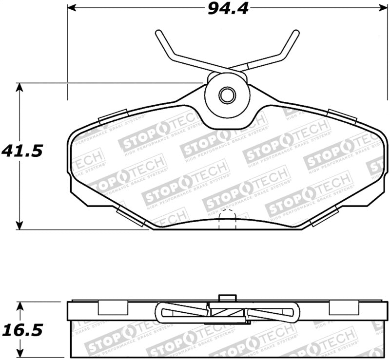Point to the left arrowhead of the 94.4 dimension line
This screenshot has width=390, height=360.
click(71, 8)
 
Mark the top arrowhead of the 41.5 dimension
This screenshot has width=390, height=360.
click(19, 87)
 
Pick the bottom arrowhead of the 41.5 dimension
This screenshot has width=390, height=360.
click(19, 225)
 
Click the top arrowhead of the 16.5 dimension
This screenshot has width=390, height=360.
click(19, 306)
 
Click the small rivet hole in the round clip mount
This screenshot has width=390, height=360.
click(227, 95)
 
